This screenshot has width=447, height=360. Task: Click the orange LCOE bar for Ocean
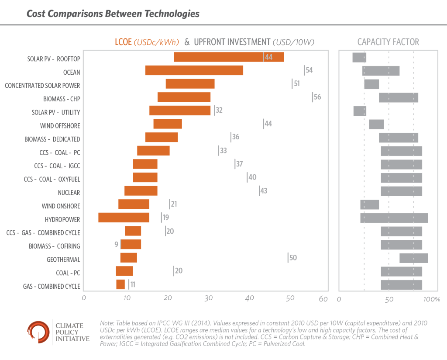194,70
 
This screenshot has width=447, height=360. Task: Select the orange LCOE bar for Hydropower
124,218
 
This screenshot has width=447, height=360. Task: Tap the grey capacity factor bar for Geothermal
413,258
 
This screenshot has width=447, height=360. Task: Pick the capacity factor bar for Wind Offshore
376,125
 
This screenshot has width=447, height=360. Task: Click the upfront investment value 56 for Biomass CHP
317,97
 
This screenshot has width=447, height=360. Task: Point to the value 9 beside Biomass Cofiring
117,245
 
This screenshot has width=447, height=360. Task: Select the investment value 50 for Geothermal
292,258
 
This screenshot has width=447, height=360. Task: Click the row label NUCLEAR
69,193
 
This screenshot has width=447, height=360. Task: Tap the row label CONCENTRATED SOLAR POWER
42,86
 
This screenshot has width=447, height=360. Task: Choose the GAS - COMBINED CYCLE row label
52,287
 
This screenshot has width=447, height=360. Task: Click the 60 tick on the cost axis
323,299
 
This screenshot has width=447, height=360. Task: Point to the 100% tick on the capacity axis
432,300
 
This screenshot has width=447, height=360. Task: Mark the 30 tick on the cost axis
209,299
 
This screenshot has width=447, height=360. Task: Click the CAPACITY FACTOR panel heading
388,42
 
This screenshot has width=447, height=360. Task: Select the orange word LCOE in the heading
119,42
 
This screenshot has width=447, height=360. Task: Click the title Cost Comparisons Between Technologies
113,14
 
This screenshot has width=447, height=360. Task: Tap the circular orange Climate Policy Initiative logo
38,332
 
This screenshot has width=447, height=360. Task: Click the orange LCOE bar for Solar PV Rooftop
229,57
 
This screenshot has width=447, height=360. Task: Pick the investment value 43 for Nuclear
263,191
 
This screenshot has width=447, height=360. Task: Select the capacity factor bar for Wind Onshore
369,204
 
